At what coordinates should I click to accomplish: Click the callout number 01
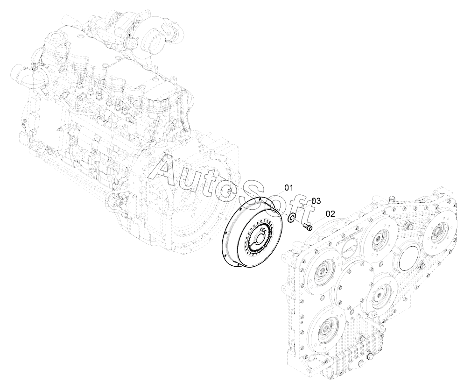tap(288, 188)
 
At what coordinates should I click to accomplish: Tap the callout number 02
tap(330, 214)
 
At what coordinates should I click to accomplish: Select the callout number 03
tap(316, 201)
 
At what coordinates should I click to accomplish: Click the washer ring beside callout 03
tap(291, 218)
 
